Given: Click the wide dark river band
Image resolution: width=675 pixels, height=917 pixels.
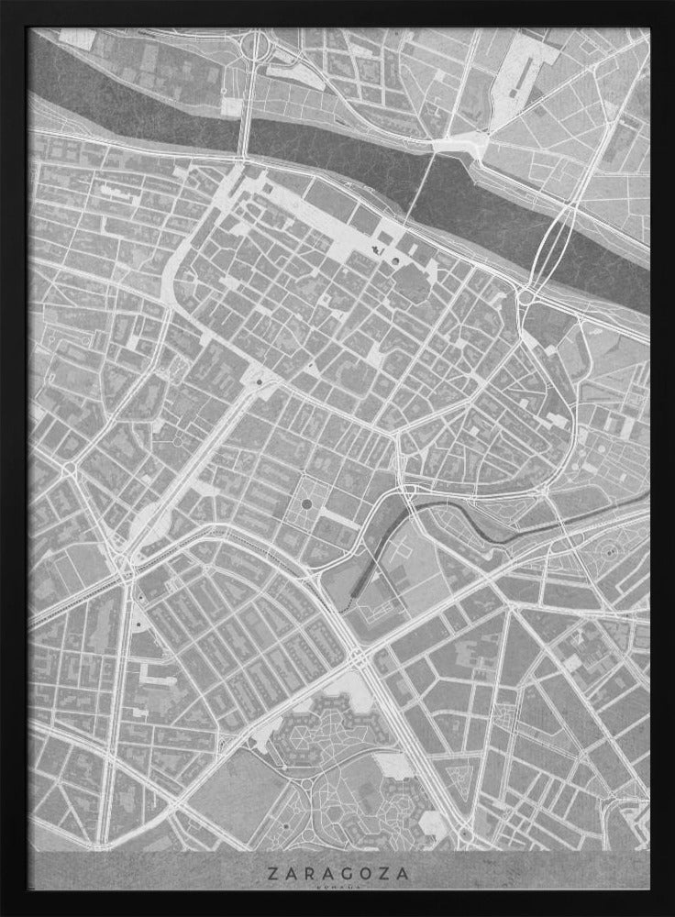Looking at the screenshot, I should point(330,156).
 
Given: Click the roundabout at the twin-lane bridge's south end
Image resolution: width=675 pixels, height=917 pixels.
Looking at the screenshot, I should point(527,296).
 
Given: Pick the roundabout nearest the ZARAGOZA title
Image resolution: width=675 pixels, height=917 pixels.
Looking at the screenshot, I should point(466,834).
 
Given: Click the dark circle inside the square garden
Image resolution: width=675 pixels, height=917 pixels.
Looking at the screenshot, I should point(306,503).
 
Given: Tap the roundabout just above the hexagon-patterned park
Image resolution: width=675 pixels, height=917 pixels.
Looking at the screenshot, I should point(355,657).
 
